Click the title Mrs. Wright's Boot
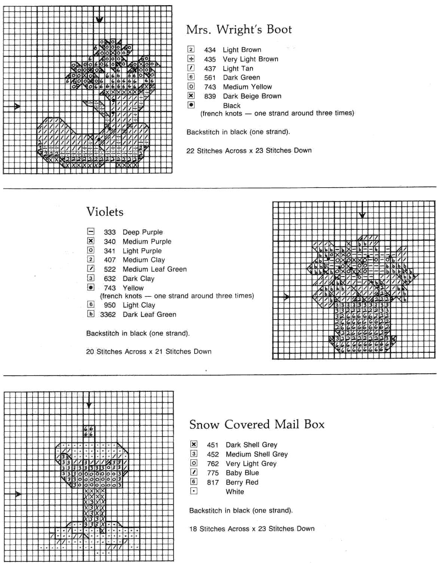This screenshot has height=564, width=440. click(x=239, y=30)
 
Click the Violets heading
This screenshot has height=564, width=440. click(x=105, y=212)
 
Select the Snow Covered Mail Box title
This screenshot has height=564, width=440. click(x=257, y=425)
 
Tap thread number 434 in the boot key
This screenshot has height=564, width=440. click(x=210, y=50)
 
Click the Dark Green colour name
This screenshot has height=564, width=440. click(x=241, y=77)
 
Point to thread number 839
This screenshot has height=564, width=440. click(x=210, y=96)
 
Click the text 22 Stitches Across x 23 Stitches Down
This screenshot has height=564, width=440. click(x=249, y=151)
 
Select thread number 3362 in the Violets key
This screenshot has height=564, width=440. click(x=108, y=315)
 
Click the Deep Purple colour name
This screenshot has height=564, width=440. click(x=143, y=232)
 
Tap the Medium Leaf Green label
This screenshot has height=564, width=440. click(x=155, y=269)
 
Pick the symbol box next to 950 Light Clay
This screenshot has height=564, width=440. click(x=91, y=305)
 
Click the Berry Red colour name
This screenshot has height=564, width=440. click(x=242, y=482)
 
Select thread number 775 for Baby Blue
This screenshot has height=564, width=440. click(x=213, y=473)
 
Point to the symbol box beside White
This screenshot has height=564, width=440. click(x=193, y=491)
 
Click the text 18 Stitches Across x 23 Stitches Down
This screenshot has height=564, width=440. click(x=252, y=529)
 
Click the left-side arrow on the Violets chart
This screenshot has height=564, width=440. click(x=286, y=297)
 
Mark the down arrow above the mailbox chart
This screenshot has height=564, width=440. click(x=89, y=405)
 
